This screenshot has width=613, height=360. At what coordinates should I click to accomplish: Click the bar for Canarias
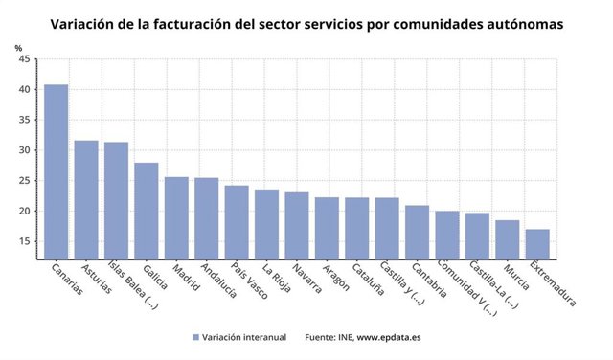(57, 172)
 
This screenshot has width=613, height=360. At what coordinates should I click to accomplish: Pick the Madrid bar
(176, 217)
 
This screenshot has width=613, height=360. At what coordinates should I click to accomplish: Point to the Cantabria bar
(417, 232)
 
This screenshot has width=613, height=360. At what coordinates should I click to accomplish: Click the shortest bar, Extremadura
(537, 244)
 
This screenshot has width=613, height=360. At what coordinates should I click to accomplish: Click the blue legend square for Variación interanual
(196, 338)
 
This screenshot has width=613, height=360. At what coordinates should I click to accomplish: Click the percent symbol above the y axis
(19, 47)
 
